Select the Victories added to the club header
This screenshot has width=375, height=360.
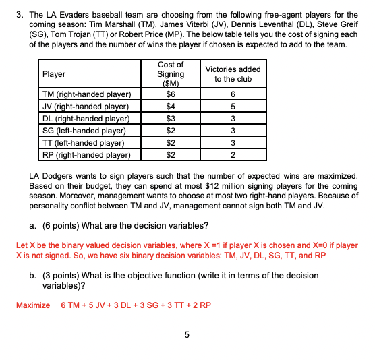click(x=232, y=74)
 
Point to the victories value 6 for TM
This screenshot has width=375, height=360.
click(x=233, y=94)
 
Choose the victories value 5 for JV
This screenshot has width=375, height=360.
click(x=233, y=107)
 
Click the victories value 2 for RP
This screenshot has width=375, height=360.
click(x=233, y=155)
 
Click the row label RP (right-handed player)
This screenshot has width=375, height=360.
click(x=86, y=155)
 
